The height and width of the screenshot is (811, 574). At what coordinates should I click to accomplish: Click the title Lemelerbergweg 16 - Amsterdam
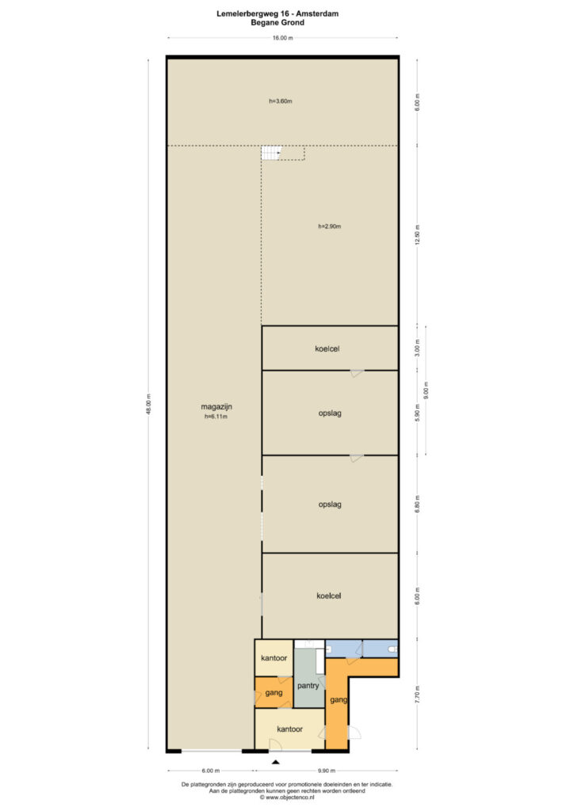(x=277, y=14)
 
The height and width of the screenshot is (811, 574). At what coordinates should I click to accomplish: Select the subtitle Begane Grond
(x=277, y=23)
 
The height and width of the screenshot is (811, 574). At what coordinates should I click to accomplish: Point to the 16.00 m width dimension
(x=282, y=38)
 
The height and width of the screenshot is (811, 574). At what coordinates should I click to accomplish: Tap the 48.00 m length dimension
(x=148, y=404)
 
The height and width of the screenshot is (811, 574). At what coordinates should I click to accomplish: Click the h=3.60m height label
(x=281, y=101)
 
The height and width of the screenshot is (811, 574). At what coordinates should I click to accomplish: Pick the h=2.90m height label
(x=329, y=227)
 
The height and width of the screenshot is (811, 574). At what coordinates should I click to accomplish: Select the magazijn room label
(x=216, y=407)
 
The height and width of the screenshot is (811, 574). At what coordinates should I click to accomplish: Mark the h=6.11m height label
(x=216, y=417)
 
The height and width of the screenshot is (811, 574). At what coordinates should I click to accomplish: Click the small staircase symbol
(x=270, y=153)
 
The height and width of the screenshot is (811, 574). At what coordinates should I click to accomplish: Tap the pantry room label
(x=308, y=686)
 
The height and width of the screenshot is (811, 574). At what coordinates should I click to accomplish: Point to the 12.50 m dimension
(x=418, y=234)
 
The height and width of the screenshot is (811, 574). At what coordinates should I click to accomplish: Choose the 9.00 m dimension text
(x=426, y=390)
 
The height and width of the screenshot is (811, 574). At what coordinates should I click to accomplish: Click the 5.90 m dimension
(x=418, y=413)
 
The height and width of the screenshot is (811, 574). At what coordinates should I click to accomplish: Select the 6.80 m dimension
(x=418, y=504)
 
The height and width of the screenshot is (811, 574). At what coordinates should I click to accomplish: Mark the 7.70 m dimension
(x=418, y=694)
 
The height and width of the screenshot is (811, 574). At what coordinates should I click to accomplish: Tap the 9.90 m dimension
(x=327, y=771)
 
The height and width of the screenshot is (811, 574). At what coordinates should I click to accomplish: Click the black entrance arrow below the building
(x=276, y=762)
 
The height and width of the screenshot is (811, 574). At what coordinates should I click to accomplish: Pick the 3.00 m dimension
(x=418, y=348)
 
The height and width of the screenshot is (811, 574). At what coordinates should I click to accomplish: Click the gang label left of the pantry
(x=274, y=692)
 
